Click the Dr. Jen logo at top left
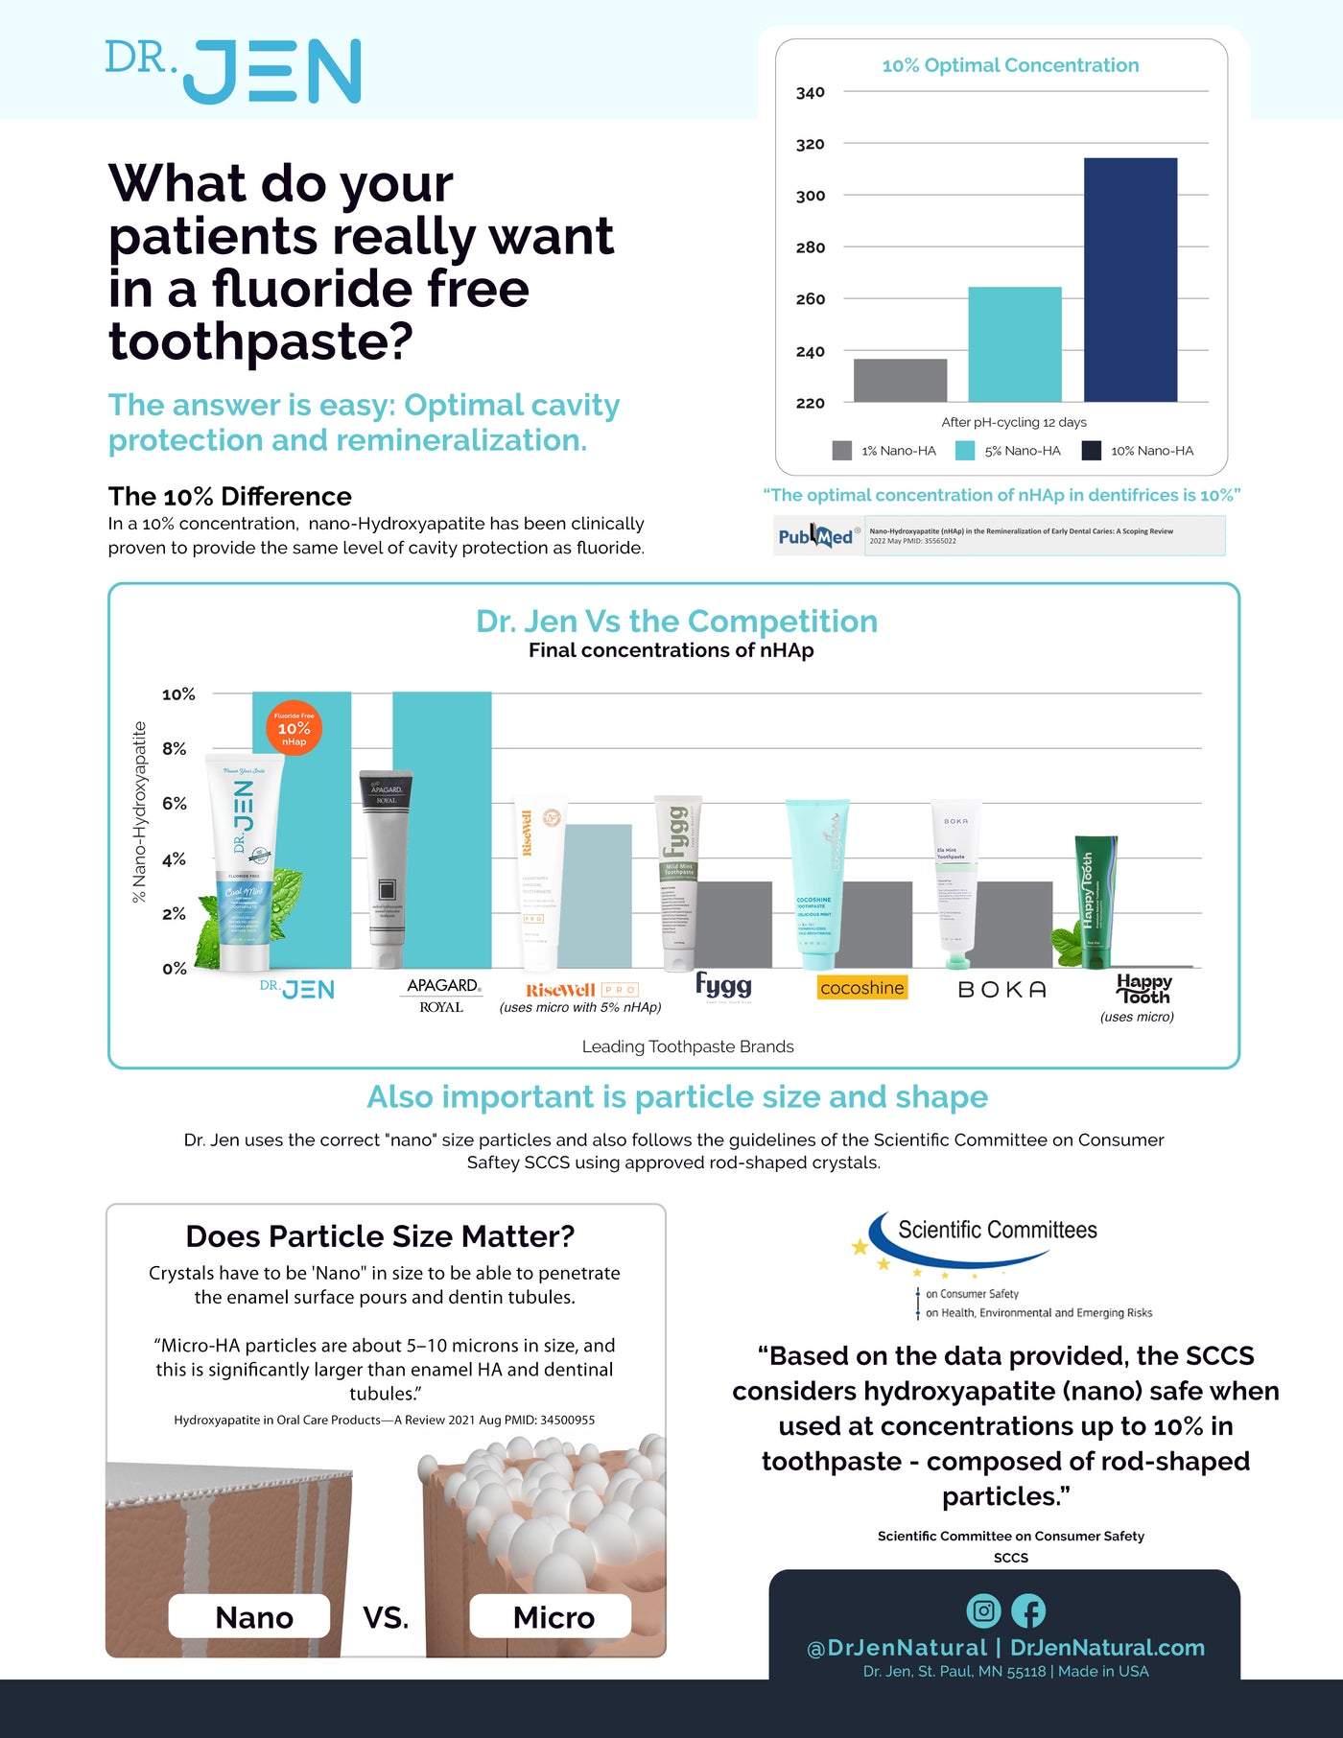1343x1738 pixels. click(233, 71)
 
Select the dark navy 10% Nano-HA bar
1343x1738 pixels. click(1130, 279)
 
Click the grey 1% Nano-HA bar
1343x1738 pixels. click(900, 380)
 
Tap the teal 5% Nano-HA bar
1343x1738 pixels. click(1014, 343)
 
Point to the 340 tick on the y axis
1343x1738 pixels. click(810, 93)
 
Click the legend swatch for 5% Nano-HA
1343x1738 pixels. click(965, 451)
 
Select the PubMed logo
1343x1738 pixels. click(815, 536)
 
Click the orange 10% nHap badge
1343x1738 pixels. click(294, 728)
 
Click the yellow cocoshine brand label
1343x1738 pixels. click(861, 988)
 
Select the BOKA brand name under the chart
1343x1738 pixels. click(1001, 990)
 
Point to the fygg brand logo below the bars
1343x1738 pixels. click(723, 985)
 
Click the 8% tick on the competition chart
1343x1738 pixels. click(175, 748)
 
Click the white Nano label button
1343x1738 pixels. click(249, 1617)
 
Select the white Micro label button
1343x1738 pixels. click(551, 1617)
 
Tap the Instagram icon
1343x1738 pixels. click(983, 1610)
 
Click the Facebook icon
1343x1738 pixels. click(1028, 1610)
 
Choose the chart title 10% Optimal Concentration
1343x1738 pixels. click(1010, 65)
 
